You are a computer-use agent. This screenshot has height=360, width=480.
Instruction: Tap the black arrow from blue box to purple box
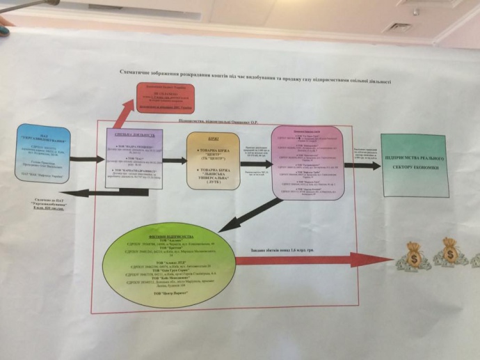click(86, 159)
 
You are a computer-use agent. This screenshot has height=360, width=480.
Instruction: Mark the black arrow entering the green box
click(362, 166)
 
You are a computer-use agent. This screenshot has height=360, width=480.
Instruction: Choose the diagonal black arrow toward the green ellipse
click(250, 214)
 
